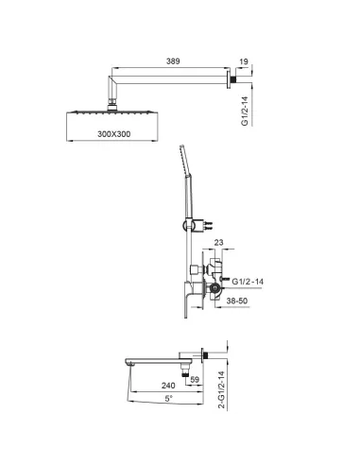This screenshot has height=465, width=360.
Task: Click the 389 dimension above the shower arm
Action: coord(170,59)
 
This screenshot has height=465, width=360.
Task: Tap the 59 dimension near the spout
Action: coord(196,380)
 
